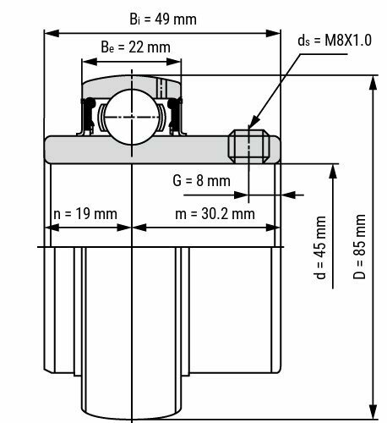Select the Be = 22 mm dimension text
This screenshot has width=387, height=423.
(127, 47)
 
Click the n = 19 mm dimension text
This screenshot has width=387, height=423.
(82, 213)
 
